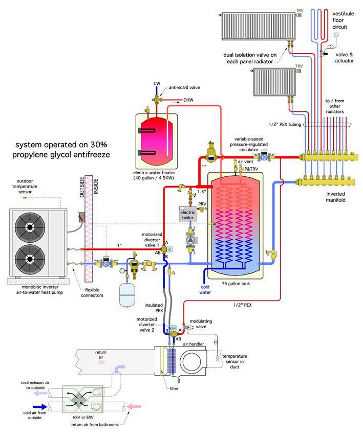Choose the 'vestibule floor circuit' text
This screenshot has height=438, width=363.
pyautogui.click(x=343, y=20)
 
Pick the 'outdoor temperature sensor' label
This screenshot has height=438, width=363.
pyautogui.click(x=31, y=187)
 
